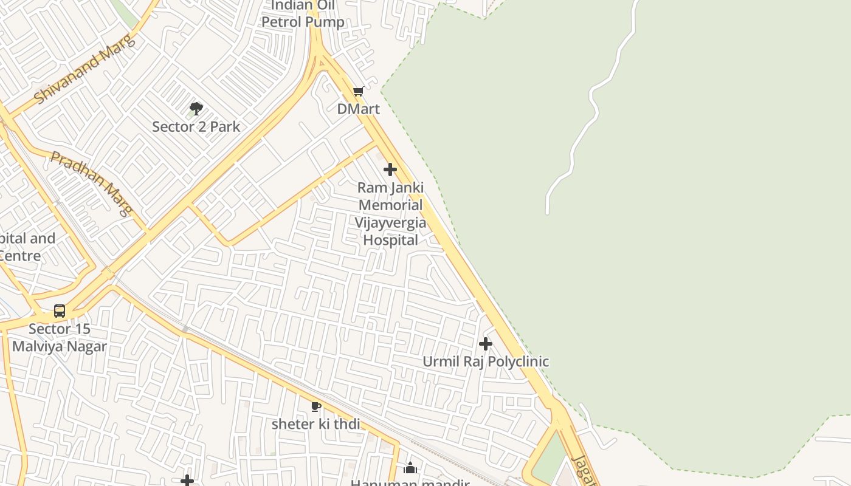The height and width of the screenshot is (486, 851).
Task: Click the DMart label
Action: pos(359,109)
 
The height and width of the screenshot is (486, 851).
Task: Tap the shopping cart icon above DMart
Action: pos(358,92)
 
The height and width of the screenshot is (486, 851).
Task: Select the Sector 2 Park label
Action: pos(196,127)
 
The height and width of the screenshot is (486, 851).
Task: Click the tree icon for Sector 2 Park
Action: pos(196,109)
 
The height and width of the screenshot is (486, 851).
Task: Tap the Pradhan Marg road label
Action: pos(92,183)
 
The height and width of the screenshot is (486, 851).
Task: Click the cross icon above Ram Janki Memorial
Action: pos(390,169)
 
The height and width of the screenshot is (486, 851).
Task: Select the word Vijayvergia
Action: pos(390,222)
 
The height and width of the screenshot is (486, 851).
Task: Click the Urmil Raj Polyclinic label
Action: pos(486,361)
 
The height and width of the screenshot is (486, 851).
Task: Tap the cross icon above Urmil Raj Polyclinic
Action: pos(485,344)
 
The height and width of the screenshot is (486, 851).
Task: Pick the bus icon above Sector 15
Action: pos(60,311)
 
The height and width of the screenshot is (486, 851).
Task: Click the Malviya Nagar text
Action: pos(60,347)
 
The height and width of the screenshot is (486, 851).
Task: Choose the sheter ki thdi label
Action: pos(315,424)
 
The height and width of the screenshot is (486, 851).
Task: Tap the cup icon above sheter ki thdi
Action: pos(315,406)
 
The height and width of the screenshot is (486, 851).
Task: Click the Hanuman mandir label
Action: pos(410,482)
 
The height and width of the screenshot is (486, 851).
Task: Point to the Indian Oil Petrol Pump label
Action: pos(303,15)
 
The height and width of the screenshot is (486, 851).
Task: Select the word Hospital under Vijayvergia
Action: pos(390,240)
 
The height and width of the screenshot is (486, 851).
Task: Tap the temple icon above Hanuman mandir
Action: pos(410,468)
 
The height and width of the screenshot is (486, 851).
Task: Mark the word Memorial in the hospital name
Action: pos(390,205)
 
